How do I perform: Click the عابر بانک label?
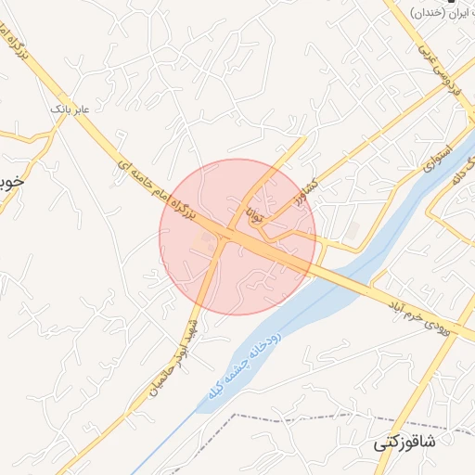(x=71, y=109)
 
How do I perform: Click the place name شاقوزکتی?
(x=405, y=443)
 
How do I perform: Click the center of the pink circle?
(x=237, y=237)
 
